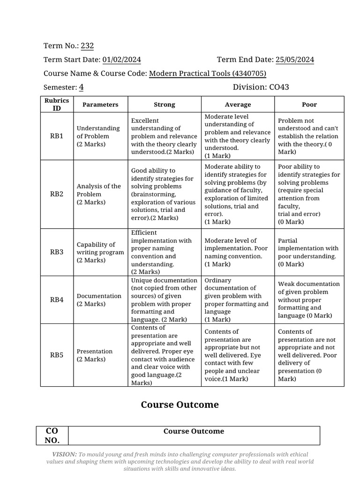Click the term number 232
click(x=87, y=45)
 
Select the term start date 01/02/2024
click(x=121, y=60)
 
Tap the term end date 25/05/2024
click(x=295, y=60)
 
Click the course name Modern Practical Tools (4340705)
click(x=208, y=74)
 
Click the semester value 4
click(x=81, y=87)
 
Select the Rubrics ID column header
click(x=56, y=105)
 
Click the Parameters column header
click(x=100, y=105)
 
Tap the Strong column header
click(x=164, y=105)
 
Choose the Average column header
click(x=238, y=105)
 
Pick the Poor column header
click(x=309, y=105)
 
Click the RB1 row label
click(x=56, y=136)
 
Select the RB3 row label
click(x=56, y=252)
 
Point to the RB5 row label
click(x=56, y=355)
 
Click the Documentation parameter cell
click(x=99, y=300)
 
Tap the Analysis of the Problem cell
click(x=99, y=194)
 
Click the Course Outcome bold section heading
click(x=180, y=405)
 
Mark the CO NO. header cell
click(x=52, y=435)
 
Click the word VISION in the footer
click(x=64, y=454)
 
